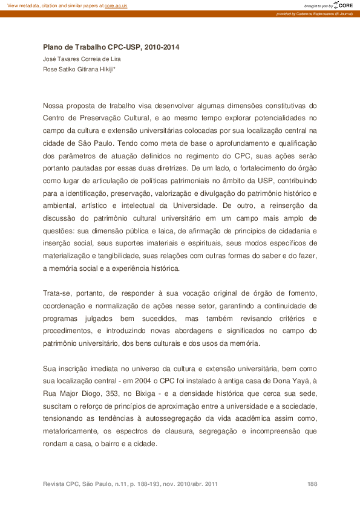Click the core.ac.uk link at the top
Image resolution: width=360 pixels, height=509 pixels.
pyautogui.click(x=116, y=5)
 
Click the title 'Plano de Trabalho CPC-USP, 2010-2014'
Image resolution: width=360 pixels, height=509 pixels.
pyautogui.click(x=111, y=47)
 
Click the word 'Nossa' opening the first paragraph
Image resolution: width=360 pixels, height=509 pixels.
pyautogui.click(x=54, y=106)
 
